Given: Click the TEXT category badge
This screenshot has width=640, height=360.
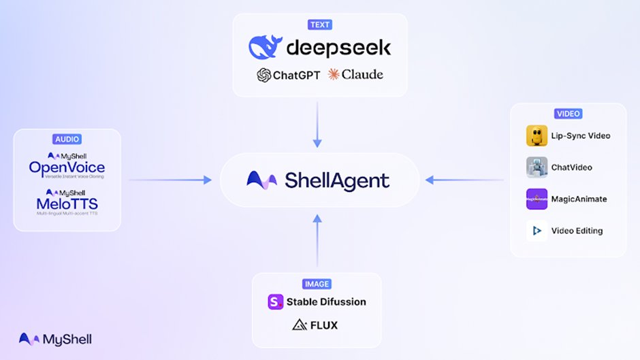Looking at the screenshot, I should tap(319, 25).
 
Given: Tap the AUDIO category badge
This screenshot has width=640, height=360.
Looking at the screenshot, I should tap(67, 139).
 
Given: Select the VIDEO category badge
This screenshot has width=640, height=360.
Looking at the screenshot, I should tap(568, 114).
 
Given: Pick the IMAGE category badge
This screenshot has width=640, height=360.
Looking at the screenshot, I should tap(317, 283).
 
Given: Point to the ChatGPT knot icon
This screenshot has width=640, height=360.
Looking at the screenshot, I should tap(264, 75).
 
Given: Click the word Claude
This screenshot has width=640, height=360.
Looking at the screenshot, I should tap(362, 74).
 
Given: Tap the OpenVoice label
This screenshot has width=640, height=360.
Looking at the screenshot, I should tap(67, 167).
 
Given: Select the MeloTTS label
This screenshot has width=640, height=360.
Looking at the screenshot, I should tap(67, 203).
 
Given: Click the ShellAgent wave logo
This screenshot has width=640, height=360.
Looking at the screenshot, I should tap(261, 180).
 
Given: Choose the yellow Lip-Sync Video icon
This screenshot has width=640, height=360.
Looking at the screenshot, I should tap(537, 136).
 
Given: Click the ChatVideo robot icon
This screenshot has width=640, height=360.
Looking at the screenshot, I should tap(537, 167).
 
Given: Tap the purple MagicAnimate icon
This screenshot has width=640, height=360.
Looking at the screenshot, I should tap(537, 199).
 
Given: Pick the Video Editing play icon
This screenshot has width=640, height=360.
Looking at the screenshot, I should tap(537, 231).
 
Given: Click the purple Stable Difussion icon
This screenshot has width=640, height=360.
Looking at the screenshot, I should tap(276, 301).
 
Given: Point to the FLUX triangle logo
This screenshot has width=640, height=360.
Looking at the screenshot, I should tap(298, 325).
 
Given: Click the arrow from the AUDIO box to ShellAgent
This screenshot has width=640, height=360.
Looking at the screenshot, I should tap(170, 180).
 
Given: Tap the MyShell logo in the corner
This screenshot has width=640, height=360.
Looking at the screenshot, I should tap(54, 339).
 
